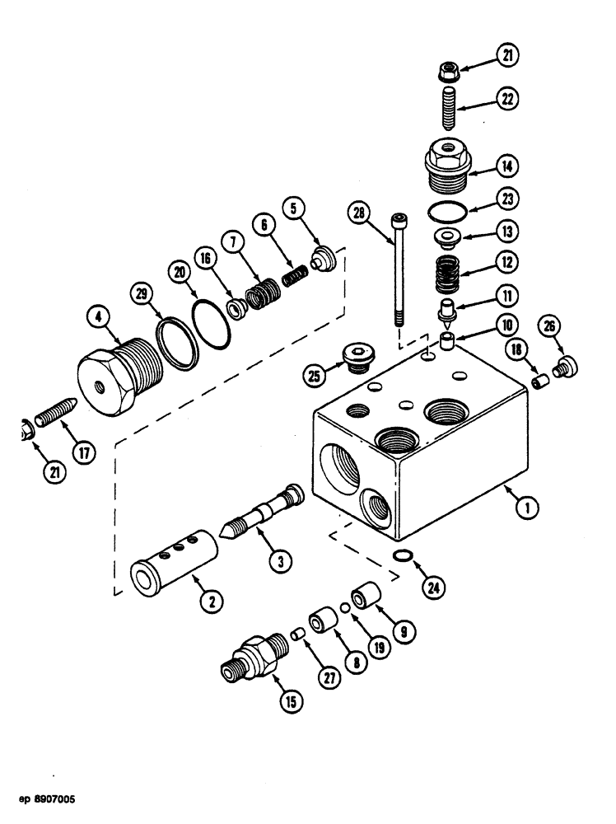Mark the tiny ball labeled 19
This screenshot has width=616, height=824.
pyautogui.click(x=347, y=608)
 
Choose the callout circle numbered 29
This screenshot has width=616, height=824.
pyautogui.click(x=143, y=294)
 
